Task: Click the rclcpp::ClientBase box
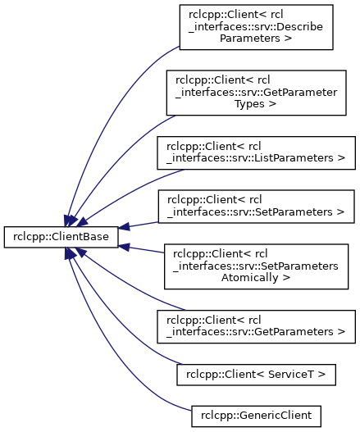pyautogui.click(x=61, y=237)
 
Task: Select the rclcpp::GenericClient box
pyautogui.click(x=256, y=416)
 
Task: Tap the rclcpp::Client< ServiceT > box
pyautogui.click(x=256, y=375)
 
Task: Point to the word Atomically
pyautogui.click(x=250, y=278)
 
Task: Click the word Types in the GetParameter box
pyautogui.click(x=250, y=104)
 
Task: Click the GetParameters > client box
pyautogui.click(x=256, y=326)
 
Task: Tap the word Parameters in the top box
pyautogui.click(x=250, y=39)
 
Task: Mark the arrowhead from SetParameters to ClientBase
pyautogui.click(x=124, y=227)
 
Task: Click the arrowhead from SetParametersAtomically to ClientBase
pyautogui.click(x=124, y=247)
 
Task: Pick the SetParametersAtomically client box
pyautogui.click(x=256, y=266)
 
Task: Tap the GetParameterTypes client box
pyautogui.click(x=256, y=93)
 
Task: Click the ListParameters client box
pyautogui.click(x=256, y=153)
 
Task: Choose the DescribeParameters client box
pyautogui.click(x=256, y=27)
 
